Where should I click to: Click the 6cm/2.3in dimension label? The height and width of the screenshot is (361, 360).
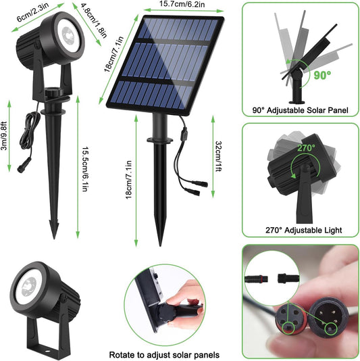32,12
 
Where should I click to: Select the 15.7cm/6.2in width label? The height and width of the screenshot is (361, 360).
182,4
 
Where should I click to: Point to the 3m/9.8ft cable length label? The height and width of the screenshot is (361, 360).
4,136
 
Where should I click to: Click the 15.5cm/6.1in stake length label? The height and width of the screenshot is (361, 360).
85,169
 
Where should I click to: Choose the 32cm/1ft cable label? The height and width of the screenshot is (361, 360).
218,156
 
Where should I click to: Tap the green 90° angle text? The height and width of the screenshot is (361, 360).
322,75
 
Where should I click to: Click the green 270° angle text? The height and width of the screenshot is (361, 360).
306,148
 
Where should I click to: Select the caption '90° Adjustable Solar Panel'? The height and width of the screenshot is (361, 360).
300,110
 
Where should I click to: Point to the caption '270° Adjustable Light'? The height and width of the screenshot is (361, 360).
304,230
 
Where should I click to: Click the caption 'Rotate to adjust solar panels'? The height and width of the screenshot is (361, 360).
164,354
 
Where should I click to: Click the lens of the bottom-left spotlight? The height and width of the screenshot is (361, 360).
28,287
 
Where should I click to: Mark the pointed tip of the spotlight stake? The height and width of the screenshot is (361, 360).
54,239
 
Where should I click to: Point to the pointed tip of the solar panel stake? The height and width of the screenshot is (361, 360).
160,245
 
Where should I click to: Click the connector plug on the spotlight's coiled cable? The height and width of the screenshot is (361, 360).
24,165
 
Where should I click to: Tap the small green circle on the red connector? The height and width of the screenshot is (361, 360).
288,328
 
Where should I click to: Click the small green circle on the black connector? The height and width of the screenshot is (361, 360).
330,329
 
